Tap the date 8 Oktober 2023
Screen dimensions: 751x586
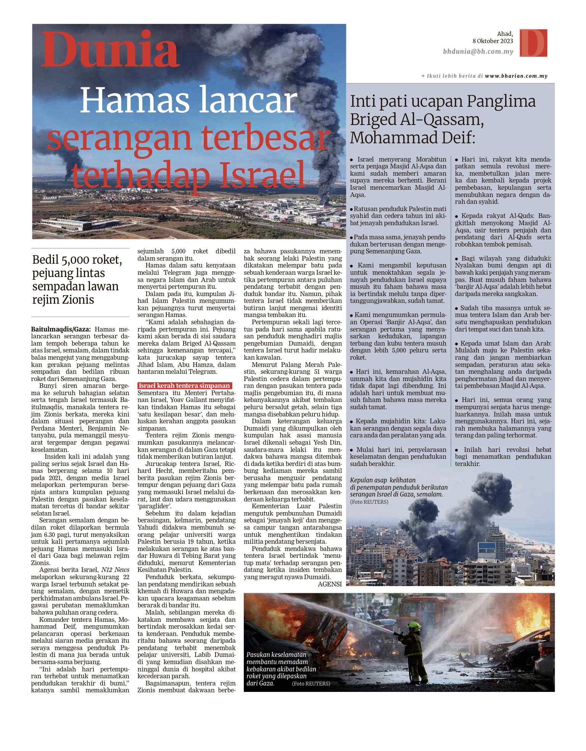click(493, 41)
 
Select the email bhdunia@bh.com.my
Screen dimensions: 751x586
click(478, 51)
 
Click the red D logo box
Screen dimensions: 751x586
click(533, 43)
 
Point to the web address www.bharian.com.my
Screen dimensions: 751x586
click(516, 76)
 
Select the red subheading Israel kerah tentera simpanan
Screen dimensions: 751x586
click(184, 386)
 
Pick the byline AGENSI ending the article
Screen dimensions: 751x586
click(330, 584)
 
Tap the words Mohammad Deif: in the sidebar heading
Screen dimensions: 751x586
click(412, 138)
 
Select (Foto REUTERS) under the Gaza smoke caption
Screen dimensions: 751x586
click(369, 502)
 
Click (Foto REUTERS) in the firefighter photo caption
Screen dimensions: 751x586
click(311, 684)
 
